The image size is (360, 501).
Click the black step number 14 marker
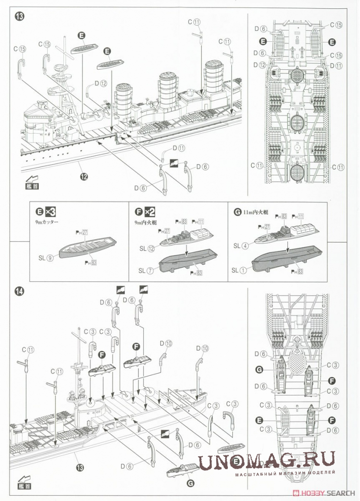point(20,291)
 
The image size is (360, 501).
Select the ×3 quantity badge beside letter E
point(50,212)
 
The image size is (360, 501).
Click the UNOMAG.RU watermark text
point(267,461)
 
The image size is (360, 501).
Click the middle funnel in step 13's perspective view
point(168,93)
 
